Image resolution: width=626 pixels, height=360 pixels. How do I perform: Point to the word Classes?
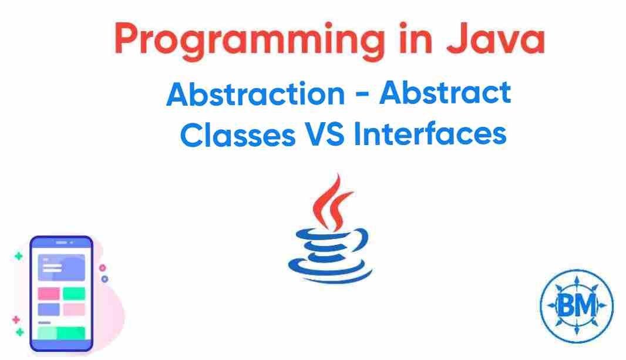tap(237, 134)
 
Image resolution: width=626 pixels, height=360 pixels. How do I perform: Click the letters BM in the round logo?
tap(576, 305)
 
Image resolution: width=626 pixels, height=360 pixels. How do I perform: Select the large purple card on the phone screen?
tap(61, 267)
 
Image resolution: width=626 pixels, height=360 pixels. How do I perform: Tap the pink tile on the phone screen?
tap(49, 293)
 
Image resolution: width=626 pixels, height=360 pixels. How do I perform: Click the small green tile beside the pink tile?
tap(74, 293)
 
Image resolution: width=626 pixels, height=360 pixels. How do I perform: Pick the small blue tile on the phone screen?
tap(49, 309)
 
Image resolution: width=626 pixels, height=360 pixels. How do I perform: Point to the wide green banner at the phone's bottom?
tap(61, 333)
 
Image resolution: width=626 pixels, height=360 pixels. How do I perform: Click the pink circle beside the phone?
tap(103, 268)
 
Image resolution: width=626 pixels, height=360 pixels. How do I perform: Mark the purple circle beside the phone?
tap(105, 279)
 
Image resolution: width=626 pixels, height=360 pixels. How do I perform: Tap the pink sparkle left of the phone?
tap(16, 319)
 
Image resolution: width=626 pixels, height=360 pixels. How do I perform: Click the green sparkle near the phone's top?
tap(18, 256)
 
